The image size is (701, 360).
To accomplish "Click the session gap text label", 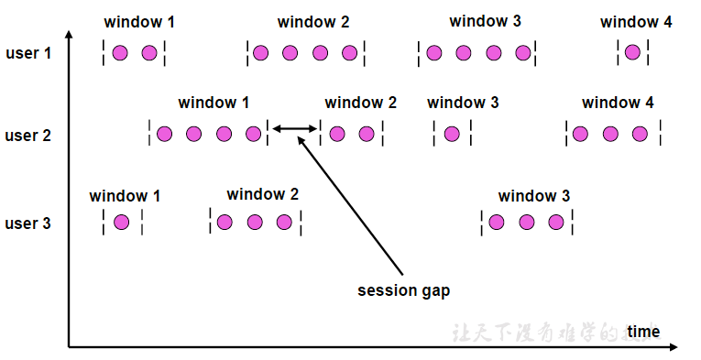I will [403, 290].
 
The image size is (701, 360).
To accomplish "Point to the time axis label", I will [643, 331].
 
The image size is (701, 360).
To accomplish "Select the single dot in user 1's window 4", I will [632, 53].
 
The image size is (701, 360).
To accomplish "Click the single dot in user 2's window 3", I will [452, 135].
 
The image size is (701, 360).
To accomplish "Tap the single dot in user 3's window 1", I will [122, 222].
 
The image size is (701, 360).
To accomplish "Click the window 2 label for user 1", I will [312, 22].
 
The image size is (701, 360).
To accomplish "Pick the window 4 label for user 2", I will [618, 103].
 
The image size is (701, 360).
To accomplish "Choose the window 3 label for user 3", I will [534, 196].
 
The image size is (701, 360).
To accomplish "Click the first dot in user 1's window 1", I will [120, 53].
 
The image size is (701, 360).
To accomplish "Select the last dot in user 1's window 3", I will [523, 53].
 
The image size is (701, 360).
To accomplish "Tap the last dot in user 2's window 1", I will [254, 135].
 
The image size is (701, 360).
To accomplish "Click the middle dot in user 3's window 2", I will [255, 222].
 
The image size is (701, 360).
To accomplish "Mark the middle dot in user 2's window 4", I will [610, 135].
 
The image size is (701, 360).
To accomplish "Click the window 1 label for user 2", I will [214, 103].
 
